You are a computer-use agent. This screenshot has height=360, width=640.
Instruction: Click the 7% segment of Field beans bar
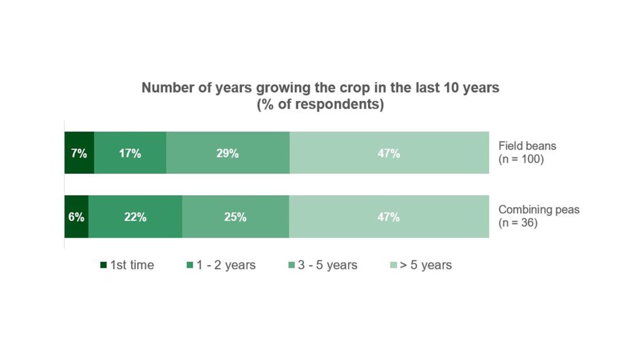79,153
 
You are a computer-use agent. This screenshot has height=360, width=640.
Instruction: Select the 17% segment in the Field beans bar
130,153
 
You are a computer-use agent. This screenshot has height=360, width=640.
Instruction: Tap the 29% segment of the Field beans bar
228,153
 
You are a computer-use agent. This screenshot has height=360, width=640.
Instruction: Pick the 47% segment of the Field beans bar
389,153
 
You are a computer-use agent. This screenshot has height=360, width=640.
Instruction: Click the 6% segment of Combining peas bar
76,217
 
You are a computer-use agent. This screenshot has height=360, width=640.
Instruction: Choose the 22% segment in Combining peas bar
135,217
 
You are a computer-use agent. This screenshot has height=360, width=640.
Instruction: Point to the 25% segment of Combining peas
235,217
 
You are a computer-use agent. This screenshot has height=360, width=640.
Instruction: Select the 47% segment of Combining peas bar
389,217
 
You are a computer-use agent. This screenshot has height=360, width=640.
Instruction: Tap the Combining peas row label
539,210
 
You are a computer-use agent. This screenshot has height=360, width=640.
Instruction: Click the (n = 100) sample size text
521,159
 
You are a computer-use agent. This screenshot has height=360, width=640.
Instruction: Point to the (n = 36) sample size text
518,223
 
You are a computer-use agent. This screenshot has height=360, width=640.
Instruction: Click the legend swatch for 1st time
103,265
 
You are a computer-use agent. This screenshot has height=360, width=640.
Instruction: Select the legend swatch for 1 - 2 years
190,265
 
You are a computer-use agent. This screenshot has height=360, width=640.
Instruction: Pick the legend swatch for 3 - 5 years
292,265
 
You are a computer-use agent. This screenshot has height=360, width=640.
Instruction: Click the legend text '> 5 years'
426,265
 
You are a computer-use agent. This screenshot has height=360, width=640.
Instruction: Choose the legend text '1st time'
132,265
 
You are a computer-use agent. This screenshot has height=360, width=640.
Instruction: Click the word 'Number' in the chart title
165,88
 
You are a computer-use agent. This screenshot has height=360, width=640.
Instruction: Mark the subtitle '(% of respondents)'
320,104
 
